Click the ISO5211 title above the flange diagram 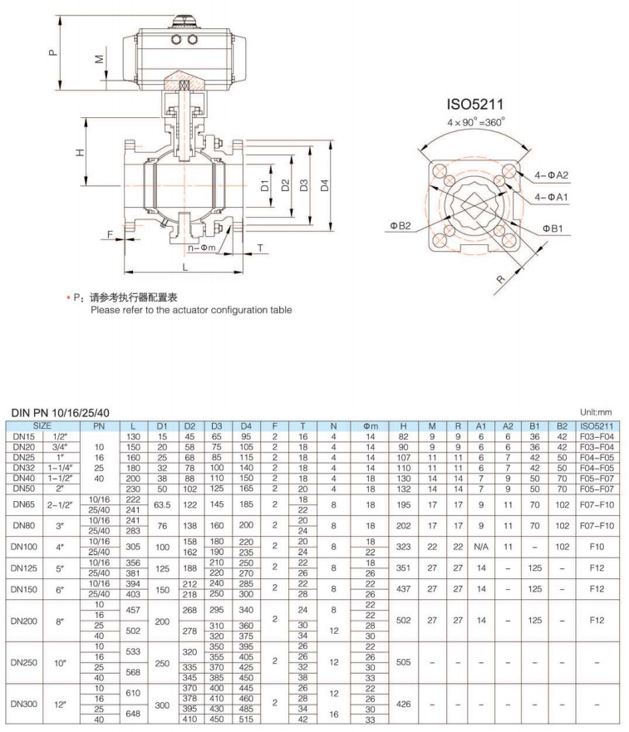[474, 105]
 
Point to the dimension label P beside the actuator [52, 52]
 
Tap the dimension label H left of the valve [80, 153]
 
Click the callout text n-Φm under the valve [202, 248]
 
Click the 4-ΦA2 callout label [552, 175]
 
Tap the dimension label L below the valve [184, 268]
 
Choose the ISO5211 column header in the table [595, 425]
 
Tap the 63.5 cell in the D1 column [162, 504]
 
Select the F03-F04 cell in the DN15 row [595, 435]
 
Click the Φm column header [371, 425]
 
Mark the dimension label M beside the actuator [99, 61]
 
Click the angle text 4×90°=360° [474, 122]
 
